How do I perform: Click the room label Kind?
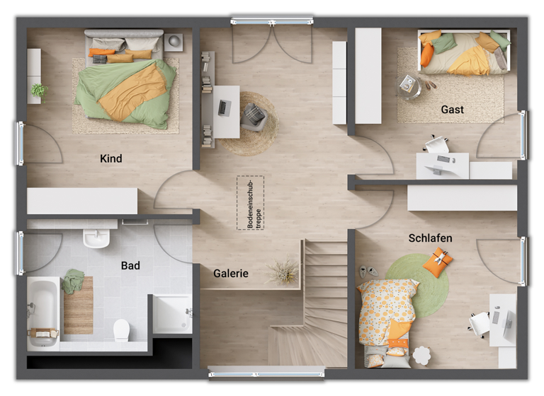click(x=111, y=158)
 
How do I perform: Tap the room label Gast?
click(x=453, y=110)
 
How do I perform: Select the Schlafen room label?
click(x=430, y=238)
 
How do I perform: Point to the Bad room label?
click(x=130, y=266)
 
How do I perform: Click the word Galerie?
click(x=231, y=274)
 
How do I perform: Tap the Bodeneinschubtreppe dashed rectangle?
click(x=250, y=202)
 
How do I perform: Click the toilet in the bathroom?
click(x=121, y=330)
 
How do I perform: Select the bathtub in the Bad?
click(x=42, y=312)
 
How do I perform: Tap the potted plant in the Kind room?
click(x=40, y=91)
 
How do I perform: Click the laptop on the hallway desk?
click(x=224, y=107)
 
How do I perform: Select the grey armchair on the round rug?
click(x=253, y=117)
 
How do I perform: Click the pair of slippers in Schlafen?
click(x=368, y=271)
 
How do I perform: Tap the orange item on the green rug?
click(x=437, y=263)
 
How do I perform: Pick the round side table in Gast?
click(x=409, y=85)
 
